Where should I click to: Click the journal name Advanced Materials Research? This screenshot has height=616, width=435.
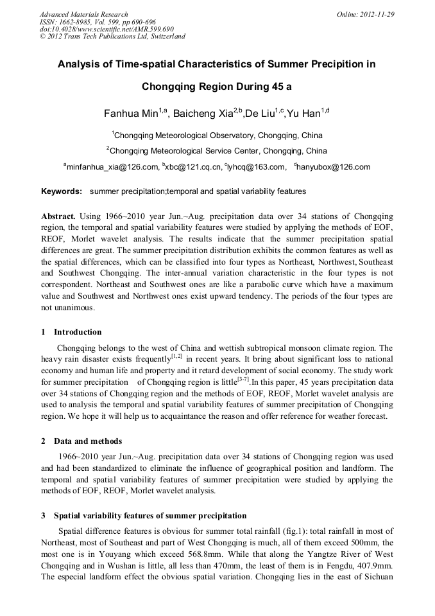coord(83,14)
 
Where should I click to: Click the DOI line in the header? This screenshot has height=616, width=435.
coord(107,29)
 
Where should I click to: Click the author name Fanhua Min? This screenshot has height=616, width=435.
coord(131,114)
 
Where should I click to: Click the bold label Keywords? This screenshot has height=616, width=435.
coord(62,191)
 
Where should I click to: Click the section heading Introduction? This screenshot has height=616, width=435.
coord(77,332)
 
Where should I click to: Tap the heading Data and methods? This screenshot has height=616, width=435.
coord(88,441)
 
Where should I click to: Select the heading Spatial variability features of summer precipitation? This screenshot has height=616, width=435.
coord(149,516)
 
